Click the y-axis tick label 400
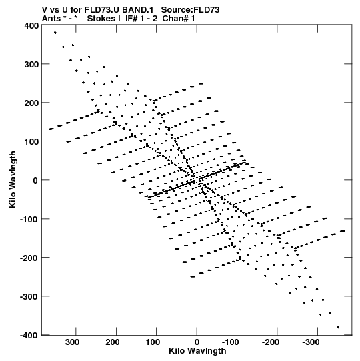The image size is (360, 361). [x=31, y=25]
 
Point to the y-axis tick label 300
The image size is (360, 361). [x=31, y=64]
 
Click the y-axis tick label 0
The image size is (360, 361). [x=35, y=180]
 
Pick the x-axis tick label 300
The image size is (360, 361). [x=72, y=342]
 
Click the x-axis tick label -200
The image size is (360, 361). [x=271, y=342]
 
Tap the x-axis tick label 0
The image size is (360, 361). [x=197, y=342]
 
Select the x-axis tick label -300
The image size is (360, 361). [x=311, y=342]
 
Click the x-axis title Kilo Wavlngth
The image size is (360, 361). [x=197, y=351]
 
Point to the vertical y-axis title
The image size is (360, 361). [x=13, y=179]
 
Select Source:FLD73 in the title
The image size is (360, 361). [x=190, y=10]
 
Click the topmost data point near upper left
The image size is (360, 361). [x=55, y=33]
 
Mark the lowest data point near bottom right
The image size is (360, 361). [x=338, y=327]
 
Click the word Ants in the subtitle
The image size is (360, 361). [x=51, y=19]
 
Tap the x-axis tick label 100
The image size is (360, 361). [x=153, y=342]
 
